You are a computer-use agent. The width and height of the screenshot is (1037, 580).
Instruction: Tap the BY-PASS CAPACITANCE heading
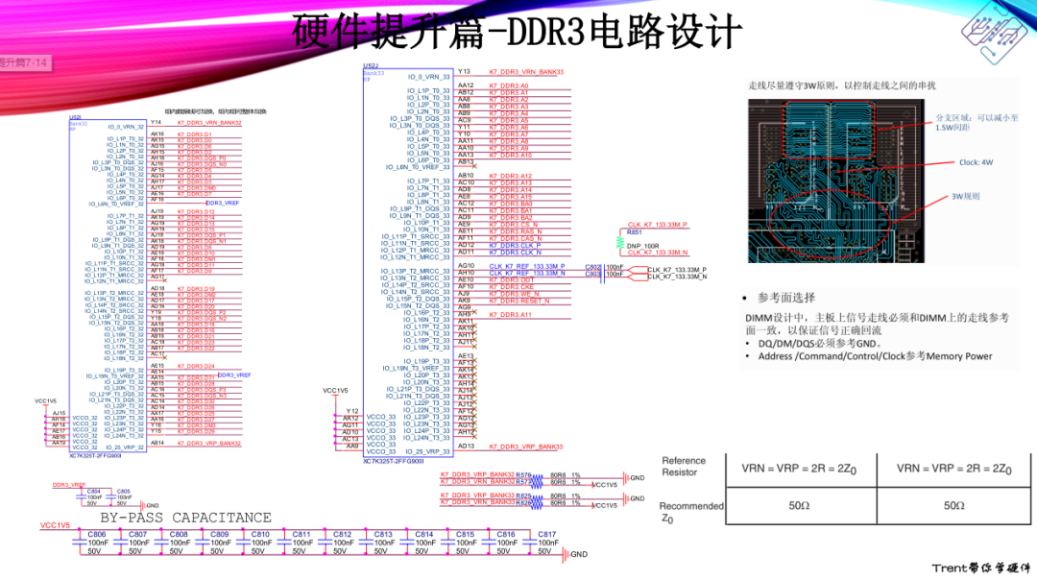pyautogui.click(x=172, y=518)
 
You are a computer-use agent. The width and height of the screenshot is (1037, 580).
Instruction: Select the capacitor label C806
pyautogui.click(x=97, y=534)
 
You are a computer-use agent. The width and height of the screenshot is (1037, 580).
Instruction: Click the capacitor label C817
pyautogui.click(x=546, y=534)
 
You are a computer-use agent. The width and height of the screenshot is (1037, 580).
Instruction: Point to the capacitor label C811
pyautogui.click(x=301, y=534)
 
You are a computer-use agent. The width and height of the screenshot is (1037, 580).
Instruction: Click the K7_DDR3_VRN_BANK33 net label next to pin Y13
pyautogui.click(x=526, y=72)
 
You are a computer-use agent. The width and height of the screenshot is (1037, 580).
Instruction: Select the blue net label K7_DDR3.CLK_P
pyautogui.click(x=517, y=245)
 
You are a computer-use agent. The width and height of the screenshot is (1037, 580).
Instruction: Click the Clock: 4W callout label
pyautogui.click(x=976, y=162)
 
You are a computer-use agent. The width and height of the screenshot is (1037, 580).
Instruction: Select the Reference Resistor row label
pyautogui.click(x=684, y=466)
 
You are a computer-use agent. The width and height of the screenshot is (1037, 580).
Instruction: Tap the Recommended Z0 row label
pyautogui.click(x=690, y=511)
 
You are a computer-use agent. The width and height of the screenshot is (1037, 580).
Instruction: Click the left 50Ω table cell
pyautogui.click(x=799, y=505)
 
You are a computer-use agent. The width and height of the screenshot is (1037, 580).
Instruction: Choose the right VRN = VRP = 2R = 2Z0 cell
pyautogui.click(x=953, y=469)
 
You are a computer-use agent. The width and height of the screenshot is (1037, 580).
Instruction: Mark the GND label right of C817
pyautogui.click(x=578, y=554)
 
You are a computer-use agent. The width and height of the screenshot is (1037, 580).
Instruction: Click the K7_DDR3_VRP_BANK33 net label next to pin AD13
pyautogui.click(x=526, y=447)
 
